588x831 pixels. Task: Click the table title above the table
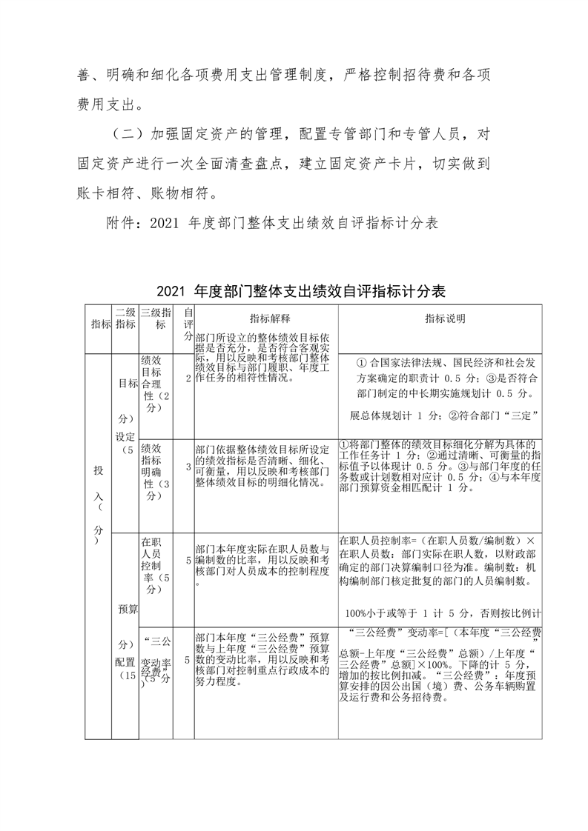[301, 290]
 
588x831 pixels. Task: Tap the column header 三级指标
[156, 319]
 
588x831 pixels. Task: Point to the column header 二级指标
[125, 319]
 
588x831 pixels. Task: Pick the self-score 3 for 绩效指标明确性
[188, 467]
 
